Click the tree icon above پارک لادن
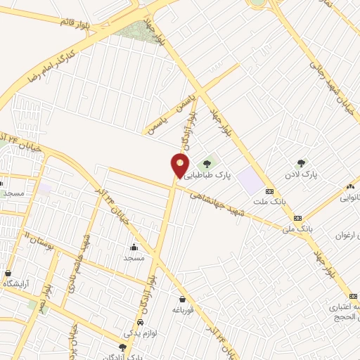click(x=302, y=163)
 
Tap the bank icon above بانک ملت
click(x=269, y=192)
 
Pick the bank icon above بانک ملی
click(x=297, y=218)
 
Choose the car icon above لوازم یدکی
click(x=140, y=322)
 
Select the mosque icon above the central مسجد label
click(x=134, y=247)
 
